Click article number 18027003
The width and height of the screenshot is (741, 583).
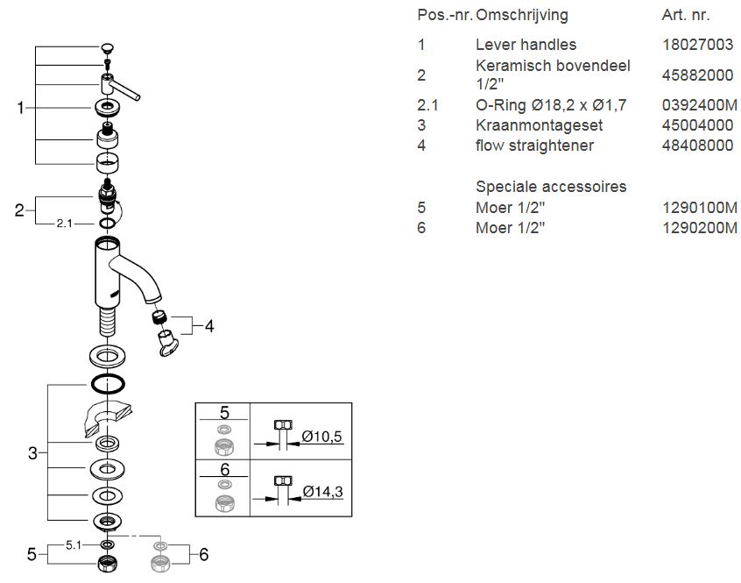pyautogui.click(x=697, y=45)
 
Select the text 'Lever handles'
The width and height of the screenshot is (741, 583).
pyautogui.click(x=526, y=45)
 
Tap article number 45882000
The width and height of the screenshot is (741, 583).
pyautogui.click(x=697, y=75)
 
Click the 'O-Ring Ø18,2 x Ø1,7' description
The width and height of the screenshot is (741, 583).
pyautogui.click(x=551, y=105)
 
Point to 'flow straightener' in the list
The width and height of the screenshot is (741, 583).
pyautogui.click(x=534, y=146)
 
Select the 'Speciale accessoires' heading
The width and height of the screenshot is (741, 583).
pyautogui.click(x=551, y=187)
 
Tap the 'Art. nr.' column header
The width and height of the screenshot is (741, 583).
pyautogui.click(x=686, y=15)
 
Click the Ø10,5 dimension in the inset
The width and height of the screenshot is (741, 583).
pyautogui.click(x=321, y=437)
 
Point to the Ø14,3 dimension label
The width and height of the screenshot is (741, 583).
pyautogui.click(x=321, y=492)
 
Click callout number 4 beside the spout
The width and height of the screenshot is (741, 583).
pyautogui.click(x=209, y=326)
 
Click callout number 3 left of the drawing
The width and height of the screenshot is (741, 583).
pyautogui.click(x=32, y=453)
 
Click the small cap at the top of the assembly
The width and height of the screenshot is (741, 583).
pyautogui.click(x=107, y=47)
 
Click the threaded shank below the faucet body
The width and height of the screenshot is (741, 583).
pyautogui.click(x=108, y=321)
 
